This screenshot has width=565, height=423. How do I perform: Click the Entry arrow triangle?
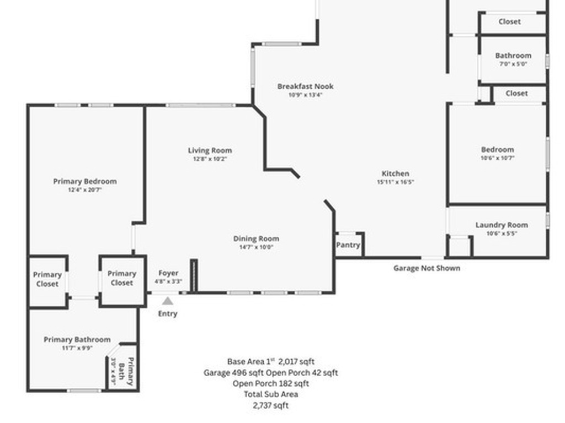tap(168, 301)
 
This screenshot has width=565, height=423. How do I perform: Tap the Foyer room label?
tap(168, 273)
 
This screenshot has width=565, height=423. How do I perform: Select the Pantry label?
tap(348, 245)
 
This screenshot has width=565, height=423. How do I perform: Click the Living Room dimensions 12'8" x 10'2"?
tap(210, 159)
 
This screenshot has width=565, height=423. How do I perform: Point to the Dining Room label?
tap(256, 238)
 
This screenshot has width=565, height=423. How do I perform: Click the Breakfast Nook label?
tap(305, 86)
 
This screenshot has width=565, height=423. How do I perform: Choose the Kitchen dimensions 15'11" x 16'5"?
tap(396, 182)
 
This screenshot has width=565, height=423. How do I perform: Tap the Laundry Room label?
tap(502, 225)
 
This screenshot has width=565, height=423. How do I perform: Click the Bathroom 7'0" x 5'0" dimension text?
tap(513, 64)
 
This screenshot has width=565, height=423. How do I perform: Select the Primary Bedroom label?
tap(85, 181)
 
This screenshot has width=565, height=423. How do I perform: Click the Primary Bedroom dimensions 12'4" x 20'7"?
tap(85, 189)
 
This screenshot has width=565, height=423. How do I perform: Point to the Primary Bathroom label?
tap(77, 339)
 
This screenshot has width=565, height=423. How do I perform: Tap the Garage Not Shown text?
tap(427, 268)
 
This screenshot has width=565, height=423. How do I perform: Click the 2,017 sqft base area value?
tap(296, 362)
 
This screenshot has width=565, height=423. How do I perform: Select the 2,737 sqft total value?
tap(270, 405)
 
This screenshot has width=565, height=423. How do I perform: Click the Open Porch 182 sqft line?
tap(270, 383)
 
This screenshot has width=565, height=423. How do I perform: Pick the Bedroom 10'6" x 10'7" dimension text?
tap(497, 158)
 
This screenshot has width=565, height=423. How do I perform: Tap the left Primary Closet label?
tap(47, 279)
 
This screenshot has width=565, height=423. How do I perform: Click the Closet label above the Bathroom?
tap(509, 21)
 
